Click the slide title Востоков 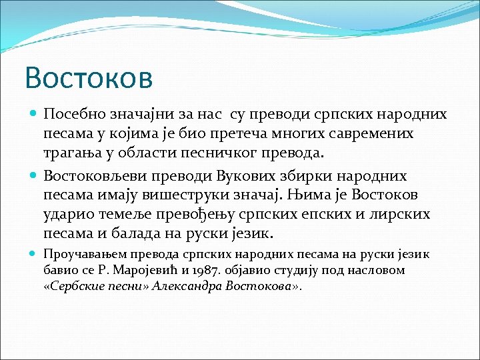tap(89, 77)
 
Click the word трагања tap(71, 153)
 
